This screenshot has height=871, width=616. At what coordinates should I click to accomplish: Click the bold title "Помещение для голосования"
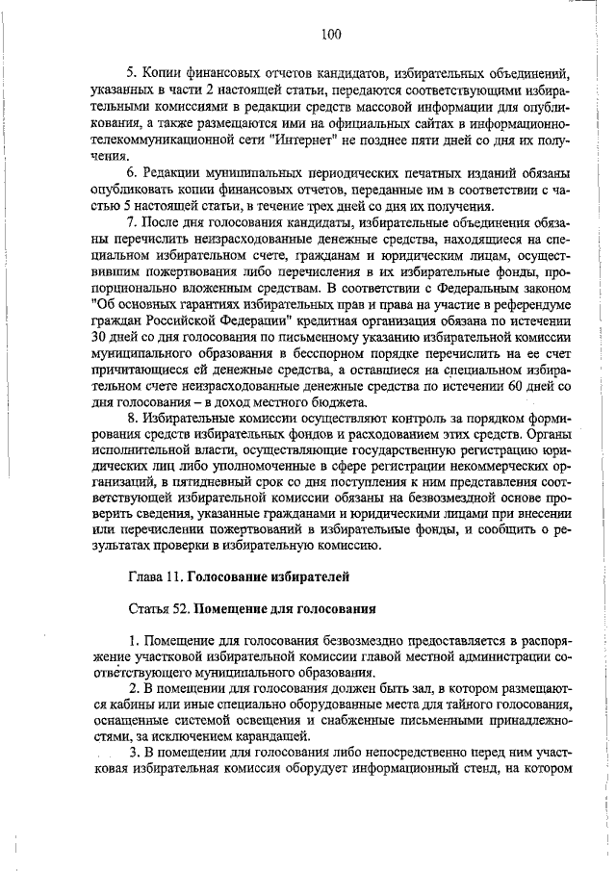click(x=284, y=610)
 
